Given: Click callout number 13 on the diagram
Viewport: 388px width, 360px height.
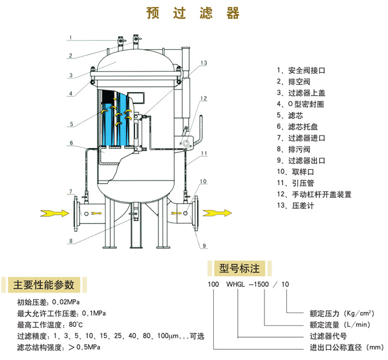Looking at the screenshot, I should point(204,63).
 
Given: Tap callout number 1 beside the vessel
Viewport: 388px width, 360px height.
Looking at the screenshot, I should point(70,37).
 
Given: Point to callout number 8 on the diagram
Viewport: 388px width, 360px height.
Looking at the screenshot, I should point(70,241).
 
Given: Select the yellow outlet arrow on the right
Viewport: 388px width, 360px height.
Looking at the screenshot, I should point(216,213).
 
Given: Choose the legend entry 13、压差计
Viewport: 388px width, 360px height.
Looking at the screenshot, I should point(296,205).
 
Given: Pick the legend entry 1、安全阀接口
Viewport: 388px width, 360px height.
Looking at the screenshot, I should point(301,70).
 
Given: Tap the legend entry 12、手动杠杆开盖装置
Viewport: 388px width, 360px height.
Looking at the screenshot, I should point(314,194).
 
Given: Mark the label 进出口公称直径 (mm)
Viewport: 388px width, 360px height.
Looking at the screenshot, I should point(346,347).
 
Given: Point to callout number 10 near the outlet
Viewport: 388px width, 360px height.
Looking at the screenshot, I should point(204,181).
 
